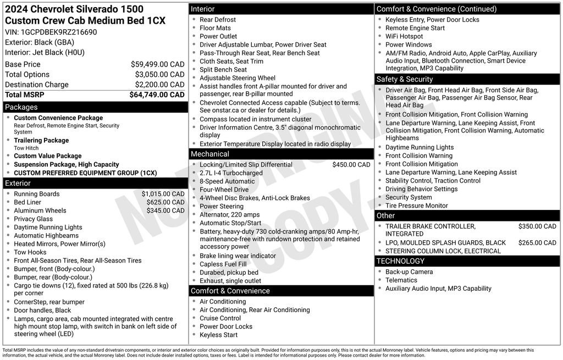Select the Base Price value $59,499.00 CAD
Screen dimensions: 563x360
pos(157,64)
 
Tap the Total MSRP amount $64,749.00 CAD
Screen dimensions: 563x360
pos(157,95)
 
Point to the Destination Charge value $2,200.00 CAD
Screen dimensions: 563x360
pos(159,85)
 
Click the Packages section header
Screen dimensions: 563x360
pos(21,107)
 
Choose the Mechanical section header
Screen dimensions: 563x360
pos(210,154)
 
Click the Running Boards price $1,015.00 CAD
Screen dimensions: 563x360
pos(163,194)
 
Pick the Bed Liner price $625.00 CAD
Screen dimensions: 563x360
pos(165,202)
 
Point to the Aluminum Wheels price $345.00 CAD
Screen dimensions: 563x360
pos(165,211)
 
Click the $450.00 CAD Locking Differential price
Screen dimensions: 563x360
pos(351,165)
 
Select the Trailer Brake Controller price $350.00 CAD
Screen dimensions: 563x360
pos(537,226)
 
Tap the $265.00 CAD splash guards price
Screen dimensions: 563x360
pos(537,243)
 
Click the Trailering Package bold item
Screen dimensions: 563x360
pos(41,141)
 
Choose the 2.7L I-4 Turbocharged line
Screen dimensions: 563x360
pos(231,173)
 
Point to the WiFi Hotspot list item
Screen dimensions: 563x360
pos(404,36)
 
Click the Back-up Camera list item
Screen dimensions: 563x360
pos(409,272)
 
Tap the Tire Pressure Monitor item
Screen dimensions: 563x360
pos(416,206)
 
